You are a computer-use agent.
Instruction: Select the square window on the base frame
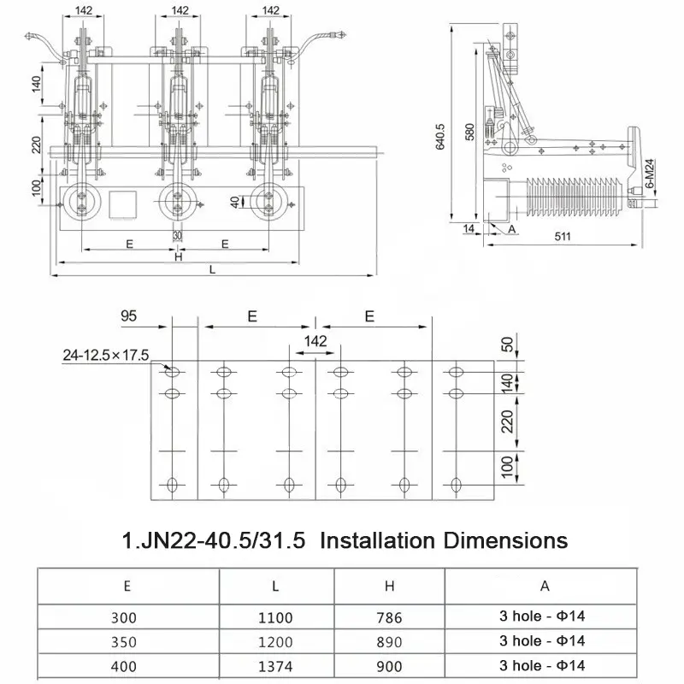[123, 205]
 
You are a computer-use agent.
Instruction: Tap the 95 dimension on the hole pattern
[129, 315]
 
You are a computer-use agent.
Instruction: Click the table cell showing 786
[388, 617]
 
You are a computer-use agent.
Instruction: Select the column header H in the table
[388, 587]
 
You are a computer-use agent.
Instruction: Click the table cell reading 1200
[276, 641]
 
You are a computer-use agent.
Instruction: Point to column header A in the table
[544, 587]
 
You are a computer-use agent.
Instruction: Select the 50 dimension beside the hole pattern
[505, 345]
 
